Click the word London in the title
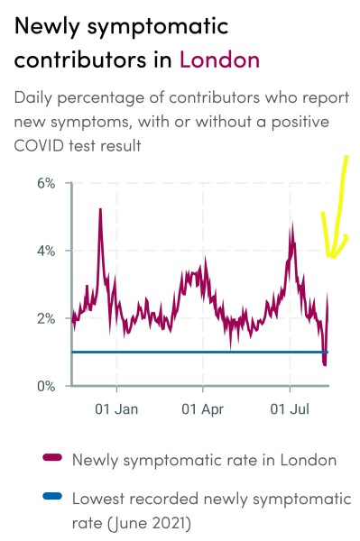click(x=219, y=60)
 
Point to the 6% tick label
click(x=46, y=183)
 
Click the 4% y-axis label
click(x=46, y=251)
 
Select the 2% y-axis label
click(x=46, y=318)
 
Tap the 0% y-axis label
click(x=46, y=386)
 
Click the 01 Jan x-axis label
click(x=117, y=409)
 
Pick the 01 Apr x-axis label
click(x=204, y=409)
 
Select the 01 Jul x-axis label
click(x=291, y=409)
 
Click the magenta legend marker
click(x=52, y=460)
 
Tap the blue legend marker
click(x=52, y=496)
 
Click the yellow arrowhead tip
click(x=333, y=258)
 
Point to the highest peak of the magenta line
click(x=100, y=209)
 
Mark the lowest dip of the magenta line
click(x=324, y=363)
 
